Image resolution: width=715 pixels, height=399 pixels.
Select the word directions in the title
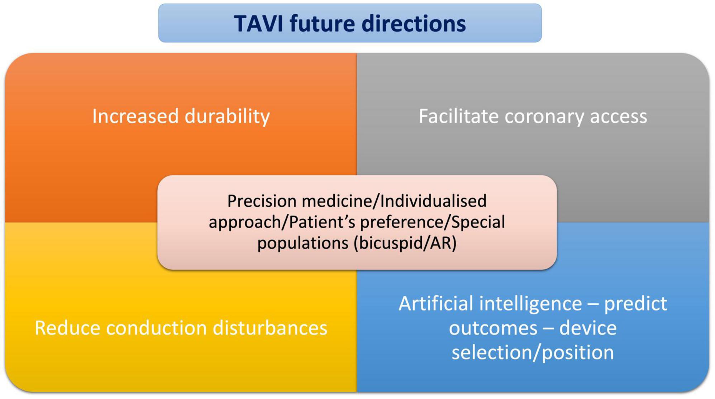[414, 24]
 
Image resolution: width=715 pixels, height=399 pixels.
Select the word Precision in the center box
[262, 201]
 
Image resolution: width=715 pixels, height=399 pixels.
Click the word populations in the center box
[303, 243]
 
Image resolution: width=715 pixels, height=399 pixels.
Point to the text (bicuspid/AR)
[405, 243]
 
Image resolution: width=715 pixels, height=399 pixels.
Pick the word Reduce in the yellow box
[67, 328]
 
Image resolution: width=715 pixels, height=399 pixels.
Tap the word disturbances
[270, 328]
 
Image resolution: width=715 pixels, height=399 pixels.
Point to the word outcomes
[493, 328]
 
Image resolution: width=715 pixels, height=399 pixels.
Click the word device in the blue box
[588, 328]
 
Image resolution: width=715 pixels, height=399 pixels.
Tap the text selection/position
[533, 352]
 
